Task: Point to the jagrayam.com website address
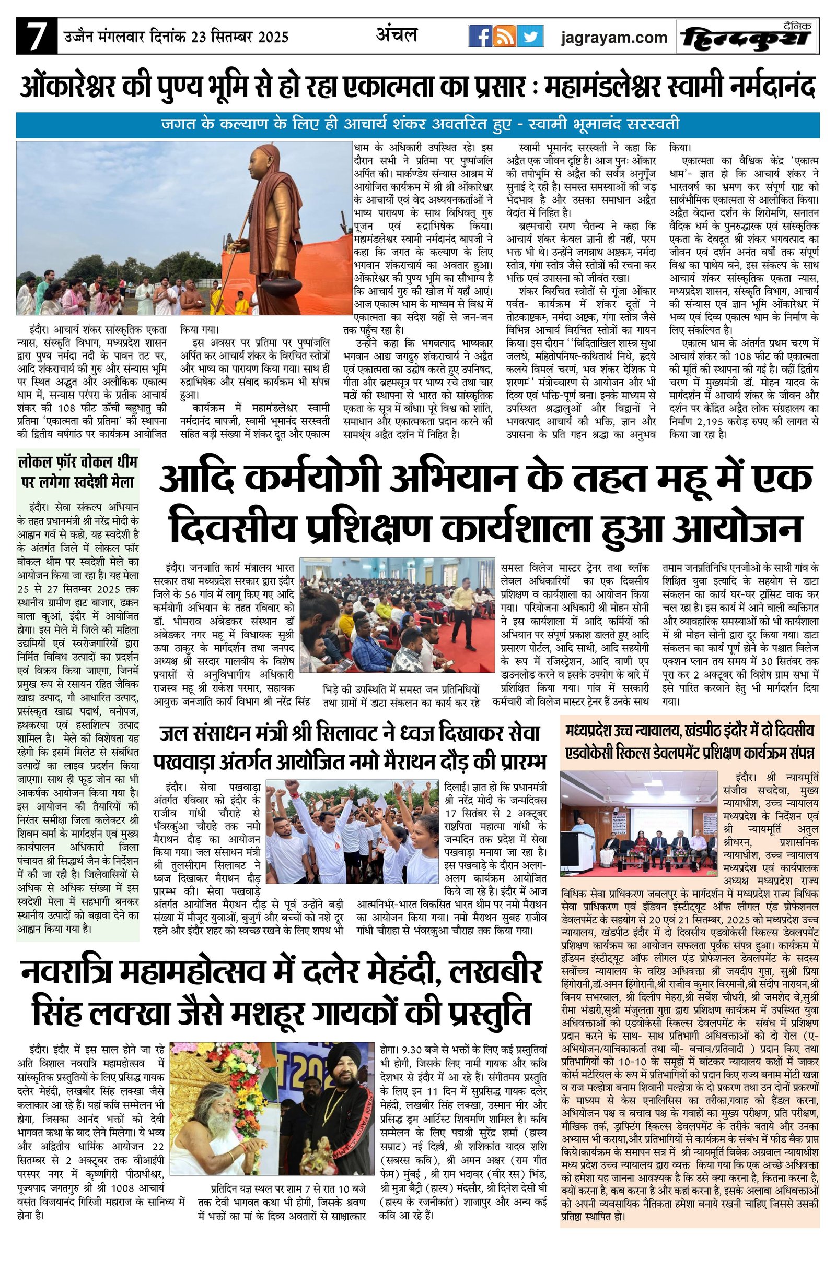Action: coord(614,38)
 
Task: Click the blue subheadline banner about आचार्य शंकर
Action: coord(417,125)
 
